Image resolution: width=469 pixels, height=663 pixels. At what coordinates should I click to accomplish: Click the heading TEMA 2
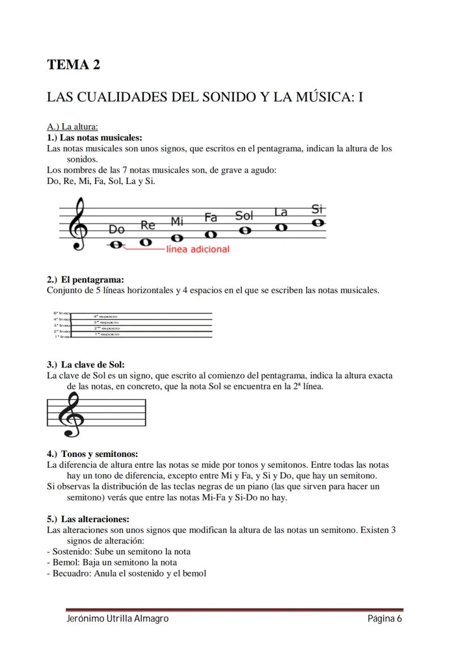(x=74, y=65)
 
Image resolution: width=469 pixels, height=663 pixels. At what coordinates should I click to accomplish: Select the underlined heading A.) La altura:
(x=73, y=127)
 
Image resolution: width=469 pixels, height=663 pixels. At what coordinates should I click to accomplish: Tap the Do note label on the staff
(x=117, y=229)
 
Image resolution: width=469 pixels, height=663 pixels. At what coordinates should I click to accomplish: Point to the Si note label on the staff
(x=318, y=209)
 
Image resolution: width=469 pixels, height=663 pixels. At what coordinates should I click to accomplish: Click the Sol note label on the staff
(x=244, y=216)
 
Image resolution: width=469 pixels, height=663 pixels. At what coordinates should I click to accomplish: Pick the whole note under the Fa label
(x=211, y=234)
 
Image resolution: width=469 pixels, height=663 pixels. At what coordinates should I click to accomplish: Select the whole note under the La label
(x=281, y=227)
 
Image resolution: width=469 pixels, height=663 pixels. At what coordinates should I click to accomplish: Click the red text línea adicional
(x=198, y=249)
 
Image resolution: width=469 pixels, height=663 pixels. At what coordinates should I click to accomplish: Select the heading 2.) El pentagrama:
(x=85, y=280)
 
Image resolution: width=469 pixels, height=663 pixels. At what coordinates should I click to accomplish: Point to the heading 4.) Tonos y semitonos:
(x=92, y=454)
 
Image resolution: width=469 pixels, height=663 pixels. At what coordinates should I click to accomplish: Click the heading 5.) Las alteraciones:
(x=88, y=519)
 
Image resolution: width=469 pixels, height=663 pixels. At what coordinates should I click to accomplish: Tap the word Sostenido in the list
(x=71, y=551)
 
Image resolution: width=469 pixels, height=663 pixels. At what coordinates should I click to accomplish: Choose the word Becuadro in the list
(x=71, y=573)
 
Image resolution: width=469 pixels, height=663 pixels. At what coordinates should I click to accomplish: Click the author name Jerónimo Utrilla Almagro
(x=117, y=619)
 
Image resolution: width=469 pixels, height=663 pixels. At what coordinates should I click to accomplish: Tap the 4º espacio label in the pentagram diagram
(x=106, y=315)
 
